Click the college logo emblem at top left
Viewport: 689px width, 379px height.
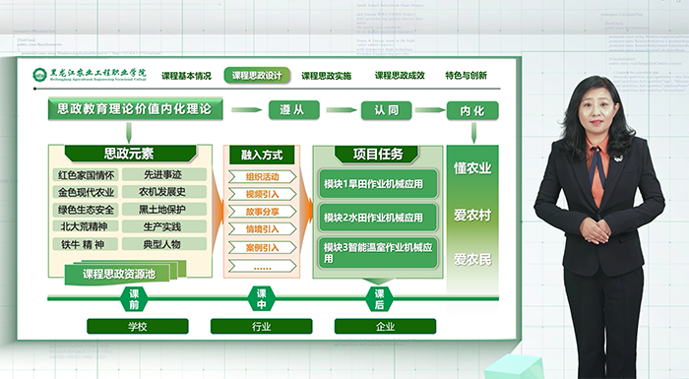(38, 75)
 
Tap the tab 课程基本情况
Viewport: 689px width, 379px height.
(186, 75)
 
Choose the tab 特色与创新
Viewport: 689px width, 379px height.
(466, 75)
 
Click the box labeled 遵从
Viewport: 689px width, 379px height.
(298, 110)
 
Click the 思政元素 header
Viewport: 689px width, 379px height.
(128, 154)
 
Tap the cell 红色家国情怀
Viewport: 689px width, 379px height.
(87, 175)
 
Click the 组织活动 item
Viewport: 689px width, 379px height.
(262, 176)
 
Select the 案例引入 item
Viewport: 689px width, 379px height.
(262, 246)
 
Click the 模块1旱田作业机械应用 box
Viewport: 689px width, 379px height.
(373, 184)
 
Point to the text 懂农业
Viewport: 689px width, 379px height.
(471, 167)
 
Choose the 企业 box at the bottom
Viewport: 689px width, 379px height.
(384, 326)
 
